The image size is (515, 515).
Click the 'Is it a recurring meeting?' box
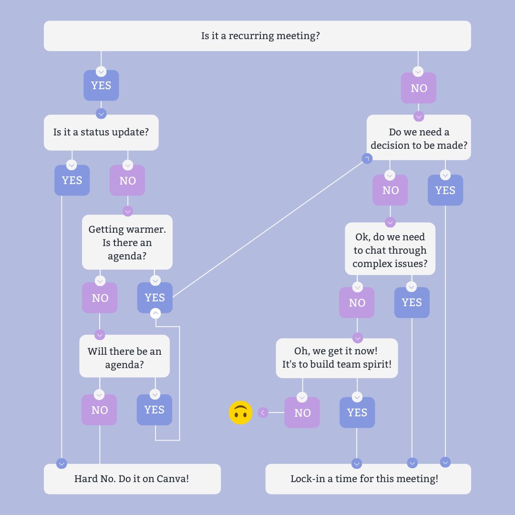257,36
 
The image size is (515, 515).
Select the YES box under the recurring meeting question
101,86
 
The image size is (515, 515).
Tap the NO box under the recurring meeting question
418,88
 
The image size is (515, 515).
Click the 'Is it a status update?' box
101,132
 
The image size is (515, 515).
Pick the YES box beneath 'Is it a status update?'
72,180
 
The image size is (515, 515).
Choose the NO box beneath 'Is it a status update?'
127,180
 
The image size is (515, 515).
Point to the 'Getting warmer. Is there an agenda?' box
127,242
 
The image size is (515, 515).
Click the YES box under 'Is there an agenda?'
154,298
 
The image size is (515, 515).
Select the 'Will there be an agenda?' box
124,358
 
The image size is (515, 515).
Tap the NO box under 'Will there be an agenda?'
99,410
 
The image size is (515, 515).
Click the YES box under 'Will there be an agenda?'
154,410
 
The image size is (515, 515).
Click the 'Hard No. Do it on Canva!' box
132,478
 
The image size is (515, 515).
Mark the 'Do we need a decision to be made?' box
419,138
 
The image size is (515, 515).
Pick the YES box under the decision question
445,190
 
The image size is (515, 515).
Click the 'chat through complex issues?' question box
390,250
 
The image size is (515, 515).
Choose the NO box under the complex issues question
357,302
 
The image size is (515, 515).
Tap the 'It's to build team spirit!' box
337,358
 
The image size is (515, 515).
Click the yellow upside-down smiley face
241,412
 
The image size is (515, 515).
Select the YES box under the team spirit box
357,412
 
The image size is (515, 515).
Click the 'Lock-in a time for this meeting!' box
368,478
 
